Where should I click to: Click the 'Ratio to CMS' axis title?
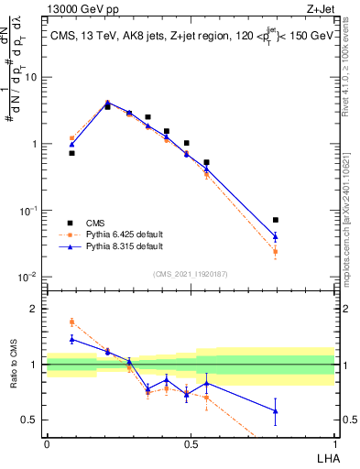click(x=14, y=365)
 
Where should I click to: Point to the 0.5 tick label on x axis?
click(x=191, y=444)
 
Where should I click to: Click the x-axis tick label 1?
click(x=334, y=444)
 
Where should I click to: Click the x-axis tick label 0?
click(x=47, y=444)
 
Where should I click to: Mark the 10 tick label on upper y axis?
click(x=33, y=77)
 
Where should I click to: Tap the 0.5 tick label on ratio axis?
click(x=32, y=420)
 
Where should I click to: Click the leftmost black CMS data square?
click(x=71, y=153)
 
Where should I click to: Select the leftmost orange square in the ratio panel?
click(x=71, y=322)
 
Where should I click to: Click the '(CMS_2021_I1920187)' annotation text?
click(x=191, y=273)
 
